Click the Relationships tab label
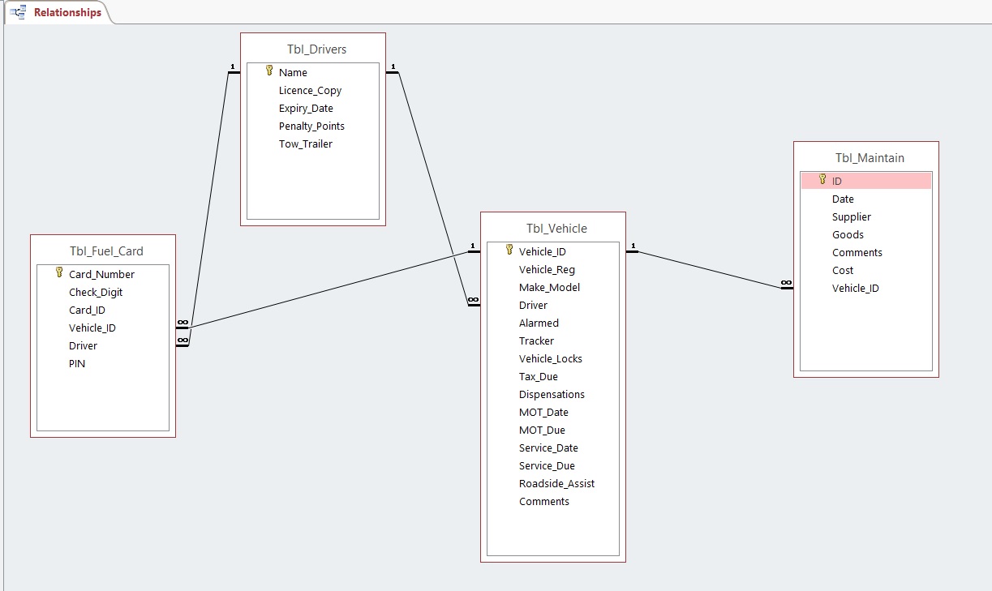click(67, 12)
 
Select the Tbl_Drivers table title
click(316, 49)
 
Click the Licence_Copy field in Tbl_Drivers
click(310, 91)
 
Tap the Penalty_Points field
click(311, 126)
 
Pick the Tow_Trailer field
click(305, 144)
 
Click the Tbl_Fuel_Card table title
click(106, 251)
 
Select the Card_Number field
click(101, 275)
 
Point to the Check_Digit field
click(96, 293)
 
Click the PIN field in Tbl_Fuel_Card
click(77, 364)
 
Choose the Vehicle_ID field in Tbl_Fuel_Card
click(92, 328)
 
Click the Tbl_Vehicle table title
click(556, 229)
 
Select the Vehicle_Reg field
click(547, 270)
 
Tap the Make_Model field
click(549, 288)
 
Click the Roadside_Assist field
click(556, 484)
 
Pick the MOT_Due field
click(542, 430)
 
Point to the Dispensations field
click(552, 395)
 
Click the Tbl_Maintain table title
click(870, 158)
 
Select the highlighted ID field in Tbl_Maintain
click(837, 182)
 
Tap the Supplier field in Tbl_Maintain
click(851, 217)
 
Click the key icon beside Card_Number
click(58, 273)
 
